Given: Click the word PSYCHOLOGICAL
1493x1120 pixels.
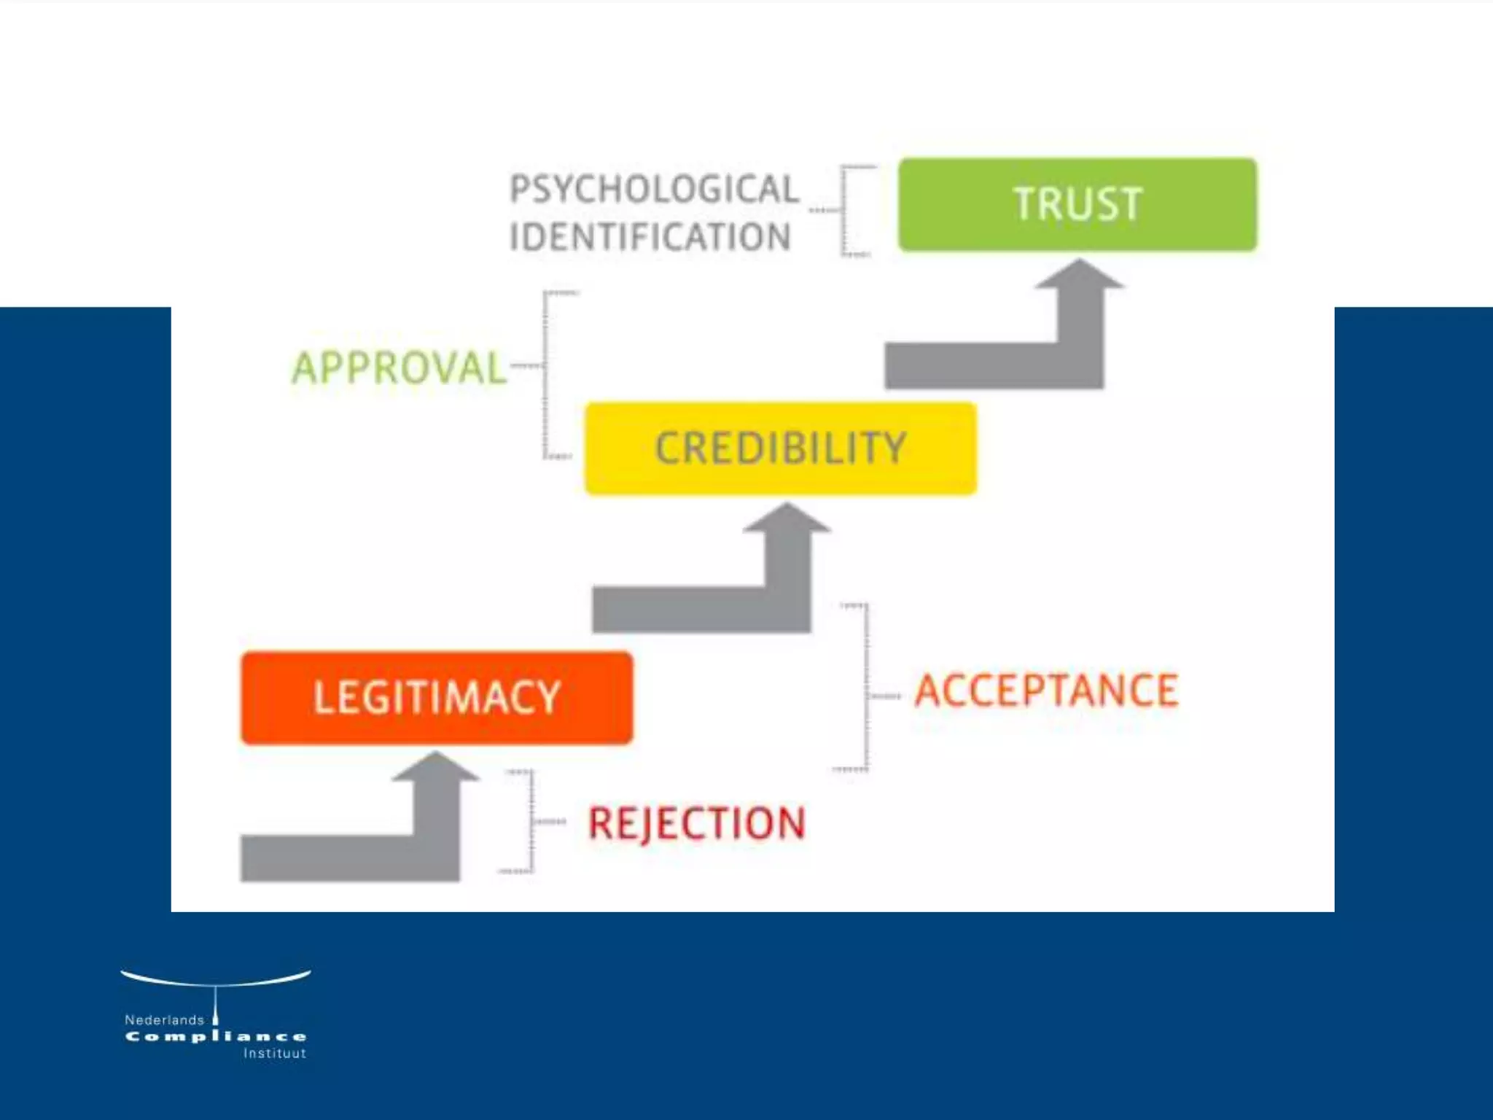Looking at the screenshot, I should coord(654,190).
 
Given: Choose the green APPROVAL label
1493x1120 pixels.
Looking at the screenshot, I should coord(399,367).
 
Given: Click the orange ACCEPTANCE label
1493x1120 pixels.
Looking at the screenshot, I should coord(1046,691).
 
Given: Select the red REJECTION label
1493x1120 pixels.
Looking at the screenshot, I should coord(696,824).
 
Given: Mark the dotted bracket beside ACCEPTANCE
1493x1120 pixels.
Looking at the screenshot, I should coord(866,688).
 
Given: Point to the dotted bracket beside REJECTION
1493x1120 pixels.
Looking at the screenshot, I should coord(531,822).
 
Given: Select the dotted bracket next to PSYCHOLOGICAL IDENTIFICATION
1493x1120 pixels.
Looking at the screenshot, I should coord(844,211).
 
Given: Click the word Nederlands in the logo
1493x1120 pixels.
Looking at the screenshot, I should coord(164,1020).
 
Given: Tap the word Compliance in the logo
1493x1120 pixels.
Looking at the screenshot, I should coord(216,1037).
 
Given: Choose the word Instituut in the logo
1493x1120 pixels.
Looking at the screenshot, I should coord(274,1054).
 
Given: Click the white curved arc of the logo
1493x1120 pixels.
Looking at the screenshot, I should coord(216,981).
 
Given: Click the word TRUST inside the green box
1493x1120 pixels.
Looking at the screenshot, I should coord(1077,204).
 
